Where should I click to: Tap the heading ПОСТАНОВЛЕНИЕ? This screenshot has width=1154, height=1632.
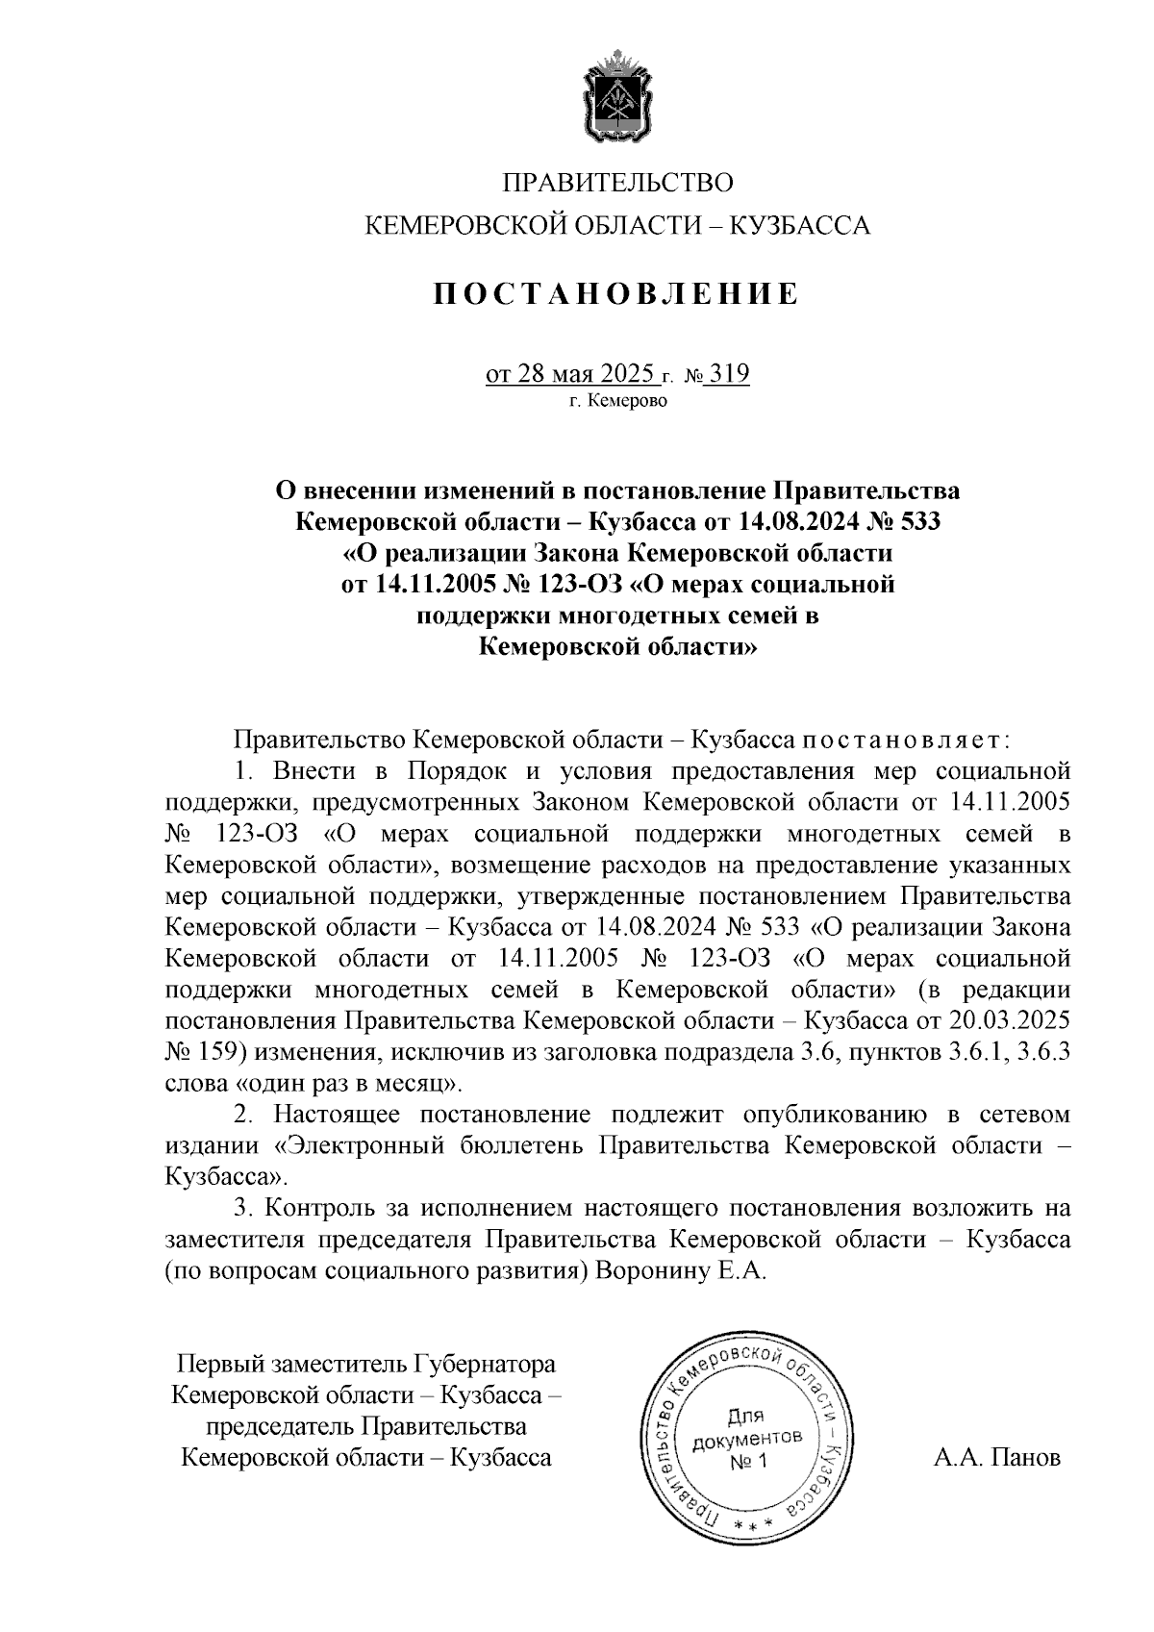615,293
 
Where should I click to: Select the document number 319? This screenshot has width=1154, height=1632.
728,373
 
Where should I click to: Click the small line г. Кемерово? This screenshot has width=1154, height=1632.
617,402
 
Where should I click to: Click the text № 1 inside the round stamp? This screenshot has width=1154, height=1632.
747,1461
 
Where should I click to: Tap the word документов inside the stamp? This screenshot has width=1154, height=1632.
747,1439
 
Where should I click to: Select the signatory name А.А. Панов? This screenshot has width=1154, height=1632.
997,1458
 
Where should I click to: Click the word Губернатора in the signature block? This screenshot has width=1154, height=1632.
485,1364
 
